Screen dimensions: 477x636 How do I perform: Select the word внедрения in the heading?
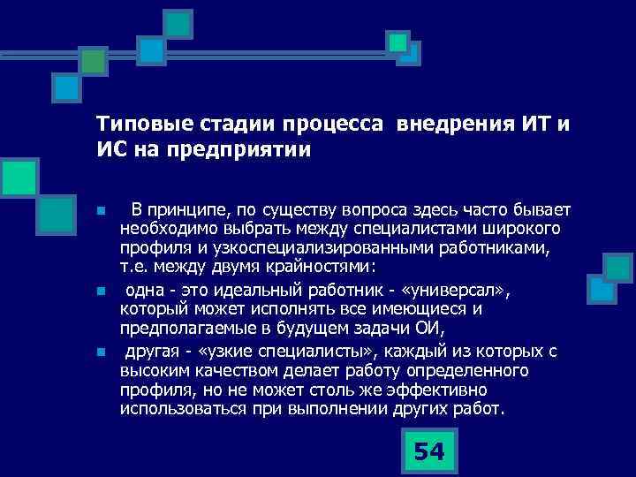pos(449,122)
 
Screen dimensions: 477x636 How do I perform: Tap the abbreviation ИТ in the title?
pos(530,122)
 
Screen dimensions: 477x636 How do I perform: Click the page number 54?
pos(428,451)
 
